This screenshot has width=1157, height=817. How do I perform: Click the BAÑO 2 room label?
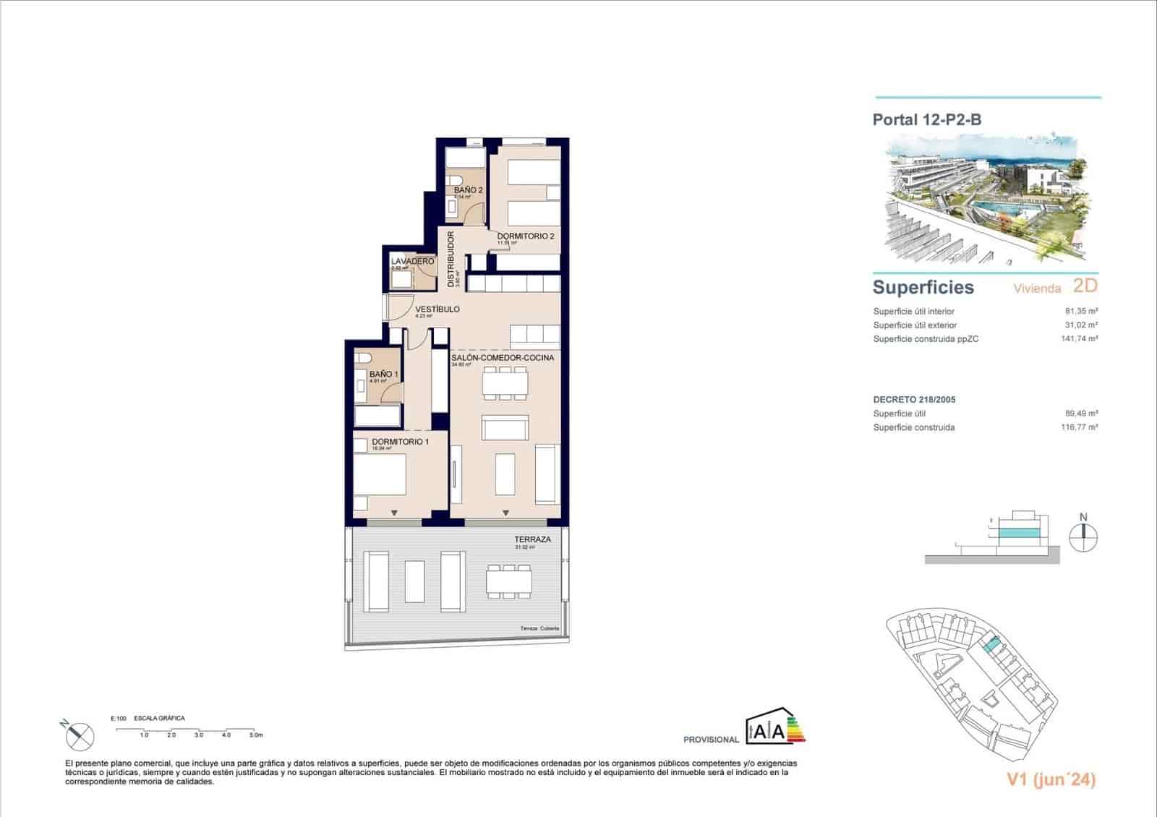point(468,190)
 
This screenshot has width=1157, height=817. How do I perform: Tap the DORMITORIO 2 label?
point(526,236)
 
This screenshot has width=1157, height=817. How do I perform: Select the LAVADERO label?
point(412,261)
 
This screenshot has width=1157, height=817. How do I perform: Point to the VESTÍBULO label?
point(437,309)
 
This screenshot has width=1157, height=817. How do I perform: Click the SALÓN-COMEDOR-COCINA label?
point(503,358)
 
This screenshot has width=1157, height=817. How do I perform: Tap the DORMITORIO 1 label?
point(400,442)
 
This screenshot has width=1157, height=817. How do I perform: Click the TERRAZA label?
point(532,539)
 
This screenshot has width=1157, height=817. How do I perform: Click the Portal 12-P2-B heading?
point(926,120)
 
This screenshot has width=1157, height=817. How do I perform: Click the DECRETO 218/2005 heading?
point(914,399)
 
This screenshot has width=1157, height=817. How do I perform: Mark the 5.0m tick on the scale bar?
point(255,735)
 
